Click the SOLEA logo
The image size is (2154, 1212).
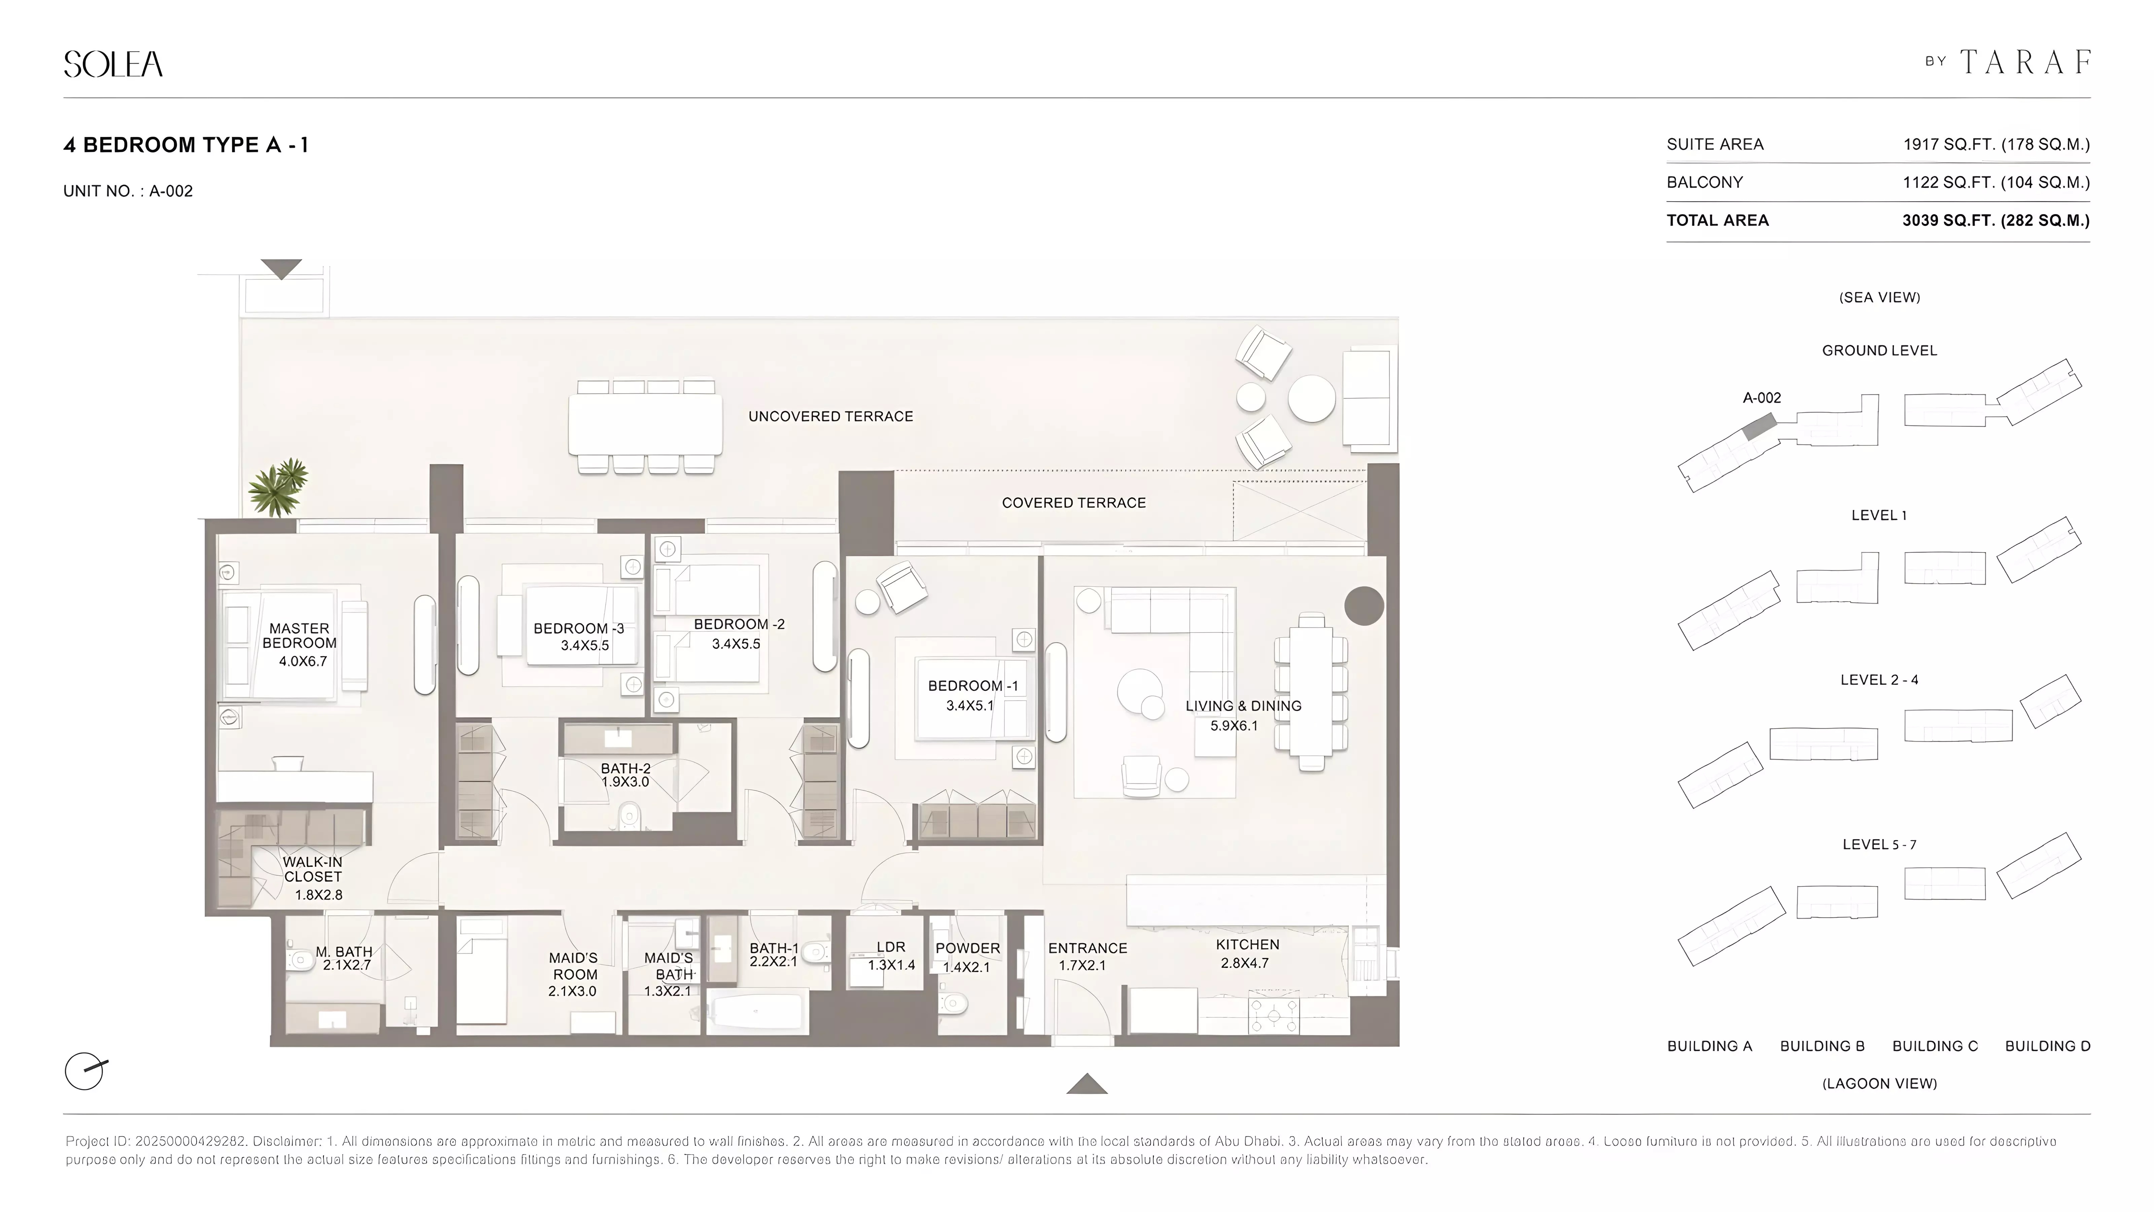113,64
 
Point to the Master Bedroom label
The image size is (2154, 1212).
299,636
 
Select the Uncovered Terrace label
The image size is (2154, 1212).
830,416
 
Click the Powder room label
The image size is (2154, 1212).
968,948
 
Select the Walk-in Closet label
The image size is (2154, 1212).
313,869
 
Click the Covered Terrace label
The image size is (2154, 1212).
1074,503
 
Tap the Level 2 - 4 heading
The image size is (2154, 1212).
1879,680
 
